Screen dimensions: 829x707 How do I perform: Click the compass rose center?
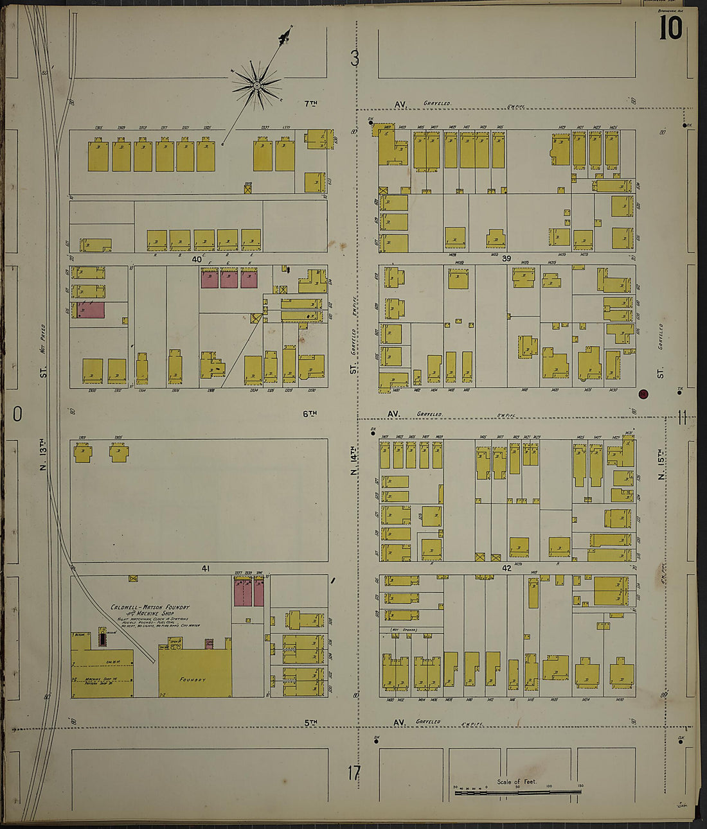pos(256,85)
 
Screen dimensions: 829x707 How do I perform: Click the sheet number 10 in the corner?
pos(670,28)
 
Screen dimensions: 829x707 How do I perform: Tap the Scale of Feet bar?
pos(517,793)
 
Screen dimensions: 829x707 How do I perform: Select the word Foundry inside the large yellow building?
pos(192,679)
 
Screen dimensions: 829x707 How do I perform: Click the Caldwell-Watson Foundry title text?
pos(150,607)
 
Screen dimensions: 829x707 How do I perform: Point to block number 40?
pos(196,259)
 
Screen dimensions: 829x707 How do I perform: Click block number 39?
pos(506,259)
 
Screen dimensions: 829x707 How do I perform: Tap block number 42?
pos(506,568)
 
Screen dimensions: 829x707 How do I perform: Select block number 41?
pos(206,568)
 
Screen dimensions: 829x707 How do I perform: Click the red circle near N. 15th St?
pos(643,394)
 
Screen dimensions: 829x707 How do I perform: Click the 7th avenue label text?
pos(311,103)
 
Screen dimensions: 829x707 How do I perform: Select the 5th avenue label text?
pos(311,722)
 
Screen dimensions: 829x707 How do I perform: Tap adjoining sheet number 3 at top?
pos(355,59)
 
